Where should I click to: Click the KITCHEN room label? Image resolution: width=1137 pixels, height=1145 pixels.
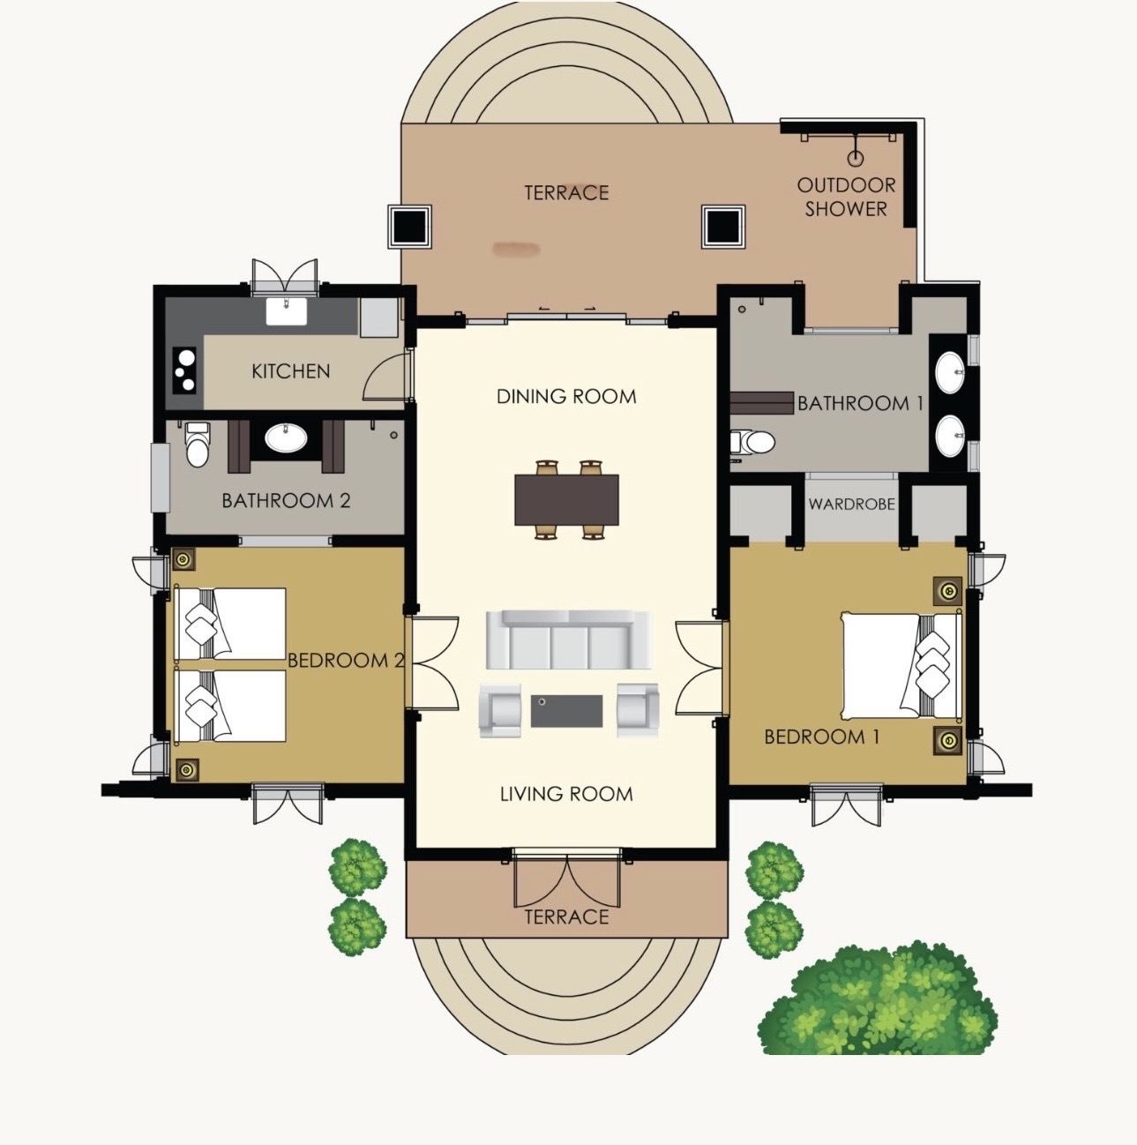coord(290,371)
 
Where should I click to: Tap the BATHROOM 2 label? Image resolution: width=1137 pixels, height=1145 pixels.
coord(286,500)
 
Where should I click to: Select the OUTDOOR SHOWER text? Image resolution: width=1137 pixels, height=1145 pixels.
coord(846,197)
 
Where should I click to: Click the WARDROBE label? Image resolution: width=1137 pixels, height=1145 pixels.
coord(851,504)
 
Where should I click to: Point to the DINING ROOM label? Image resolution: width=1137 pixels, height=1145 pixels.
coord(566,396)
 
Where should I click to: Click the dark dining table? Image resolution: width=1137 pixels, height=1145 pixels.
coord(566,499)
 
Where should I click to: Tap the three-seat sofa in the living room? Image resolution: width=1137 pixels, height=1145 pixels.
coord(567,639)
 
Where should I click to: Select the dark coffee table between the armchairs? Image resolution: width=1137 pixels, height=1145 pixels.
coord(566,711)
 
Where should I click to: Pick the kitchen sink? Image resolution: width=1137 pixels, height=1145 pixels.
coord(287,312)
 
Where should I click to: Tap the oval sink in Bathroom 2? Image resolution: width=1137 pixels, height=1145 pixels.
coord(287,438)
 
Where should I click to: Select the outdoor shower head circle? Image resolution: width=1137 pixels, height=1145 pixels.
coord(856,159)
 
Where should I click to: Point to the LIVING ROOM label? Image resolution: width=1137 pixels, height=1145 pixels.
coord(566,794)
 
